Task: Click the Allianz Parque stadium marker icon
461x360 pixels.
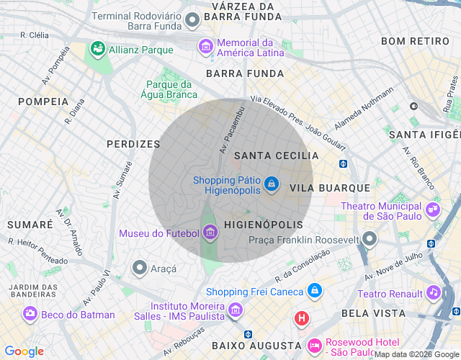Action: coord(97,49)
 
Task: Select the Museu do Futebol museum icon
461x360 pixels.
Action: coord(210,232)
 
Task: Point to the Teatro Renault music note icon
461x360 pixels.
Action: coord(433,292)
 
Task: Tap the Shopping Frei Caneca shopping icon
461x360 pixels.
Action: coord(314,291)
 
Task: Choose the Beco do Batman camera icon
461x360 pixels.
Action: coord(30,313)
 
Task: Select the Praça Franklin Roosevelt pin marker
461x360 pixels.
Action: coord(370,238)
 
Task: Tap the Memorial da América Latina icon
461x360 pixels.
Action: coord(206,47)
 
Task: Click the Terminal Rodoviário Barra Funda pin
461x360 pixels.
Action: coord(192,20)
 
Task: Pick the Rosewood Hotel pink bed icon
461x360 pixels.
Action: coord(314,346)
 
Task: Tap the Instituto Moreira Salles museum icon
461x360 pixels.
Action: coord(235,310)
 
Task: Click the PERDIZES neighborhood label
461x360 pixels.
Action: coord(133,144)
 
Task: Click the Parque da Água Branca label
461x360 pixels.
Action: coord(171,89)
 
